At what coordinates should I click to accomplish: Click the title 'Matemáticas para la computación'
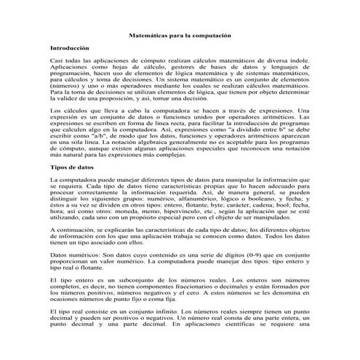180,34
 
